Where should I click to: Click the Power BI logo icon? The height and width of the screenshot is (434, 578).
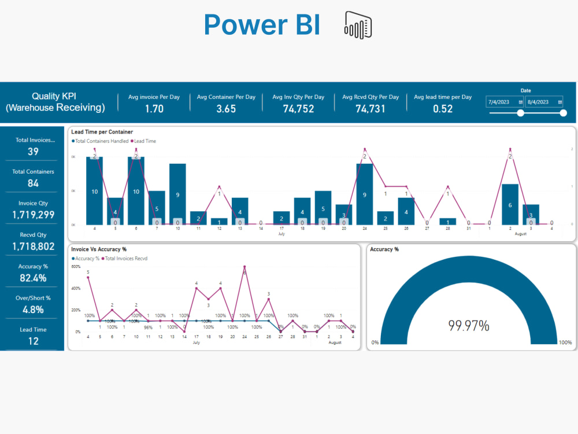(x=358, y=24)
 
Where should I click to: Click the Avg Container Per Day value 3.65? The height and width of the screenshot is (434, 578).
(x=226, y=109)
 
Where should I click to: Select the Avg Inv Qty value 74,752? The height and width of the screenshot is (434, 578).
(x=298, y=109)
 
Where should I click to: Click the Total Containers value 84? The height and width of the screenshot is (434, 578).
(x=34, y=183)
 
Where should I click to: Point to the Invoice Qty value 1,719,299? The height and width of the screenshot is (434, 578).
(x=34, y=215)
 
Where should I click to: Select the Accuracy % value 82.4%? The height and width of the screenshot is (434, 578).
(x=34, y=278)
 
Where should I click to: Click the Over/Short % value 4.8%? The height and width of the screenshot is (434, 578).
(x=34, y=310)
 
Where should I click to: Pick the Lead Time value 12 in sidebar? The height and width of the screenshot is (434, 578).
(x=34, y=341)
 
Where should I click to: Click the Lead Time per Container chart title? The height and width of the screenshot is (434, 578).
(x=102, y=133)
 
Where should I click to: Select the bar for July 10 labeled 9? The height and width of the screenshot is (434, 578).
(x=177, y=194)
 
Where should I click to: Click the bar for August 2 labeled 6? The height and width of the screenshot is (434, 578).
(x=510, y=204)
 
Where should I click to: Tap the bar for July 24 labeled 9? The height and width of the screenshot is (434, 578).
(x=365, y=194)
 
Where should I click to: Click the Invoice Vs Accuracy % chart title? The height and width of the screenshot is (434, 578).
(x=98, y=249)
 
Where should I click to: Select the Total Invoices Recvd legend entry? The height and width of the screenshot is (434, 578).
(x=125, y=258)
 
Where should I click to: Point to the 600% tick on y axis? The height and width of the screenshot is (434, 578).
(x=75, y=267)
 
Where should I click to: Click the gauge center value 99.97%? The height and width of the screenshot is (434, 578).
(x=469, y=326)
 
